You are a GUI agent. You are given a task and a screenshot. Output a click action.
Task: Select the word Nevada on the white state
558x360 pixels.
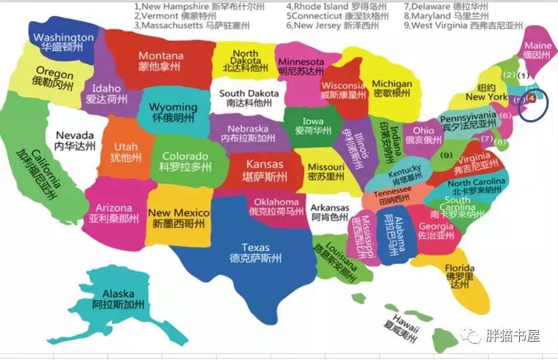[x=75, y=135]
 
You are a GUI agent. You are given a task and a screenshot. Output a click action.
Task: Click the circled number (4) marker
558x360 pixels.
[x=532, y=98]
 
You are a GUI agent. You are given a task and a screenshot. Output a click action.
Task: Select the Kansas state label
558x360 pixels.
[x=265, y=164]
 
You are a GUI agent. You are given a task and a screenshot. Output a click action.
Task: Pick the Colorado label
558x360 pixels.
[x=185, y=156]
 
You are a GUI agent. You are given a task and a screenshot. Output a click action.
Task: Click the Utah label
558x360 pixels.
[x=126, y=147]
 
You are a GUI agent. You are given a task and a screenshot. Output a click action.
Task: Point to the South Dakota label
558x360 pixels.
[x=249, y=93]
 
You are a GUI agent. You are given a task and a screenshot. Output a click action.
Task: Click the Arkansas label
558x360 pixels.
[x=330, y=208]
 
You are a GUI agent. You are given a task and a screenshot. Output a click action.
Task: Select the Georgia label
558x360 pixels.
[x=436, y=227]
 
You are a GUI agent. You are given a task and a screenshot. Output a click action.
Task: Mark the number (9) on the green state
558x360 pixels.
[x=446, y=155]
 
